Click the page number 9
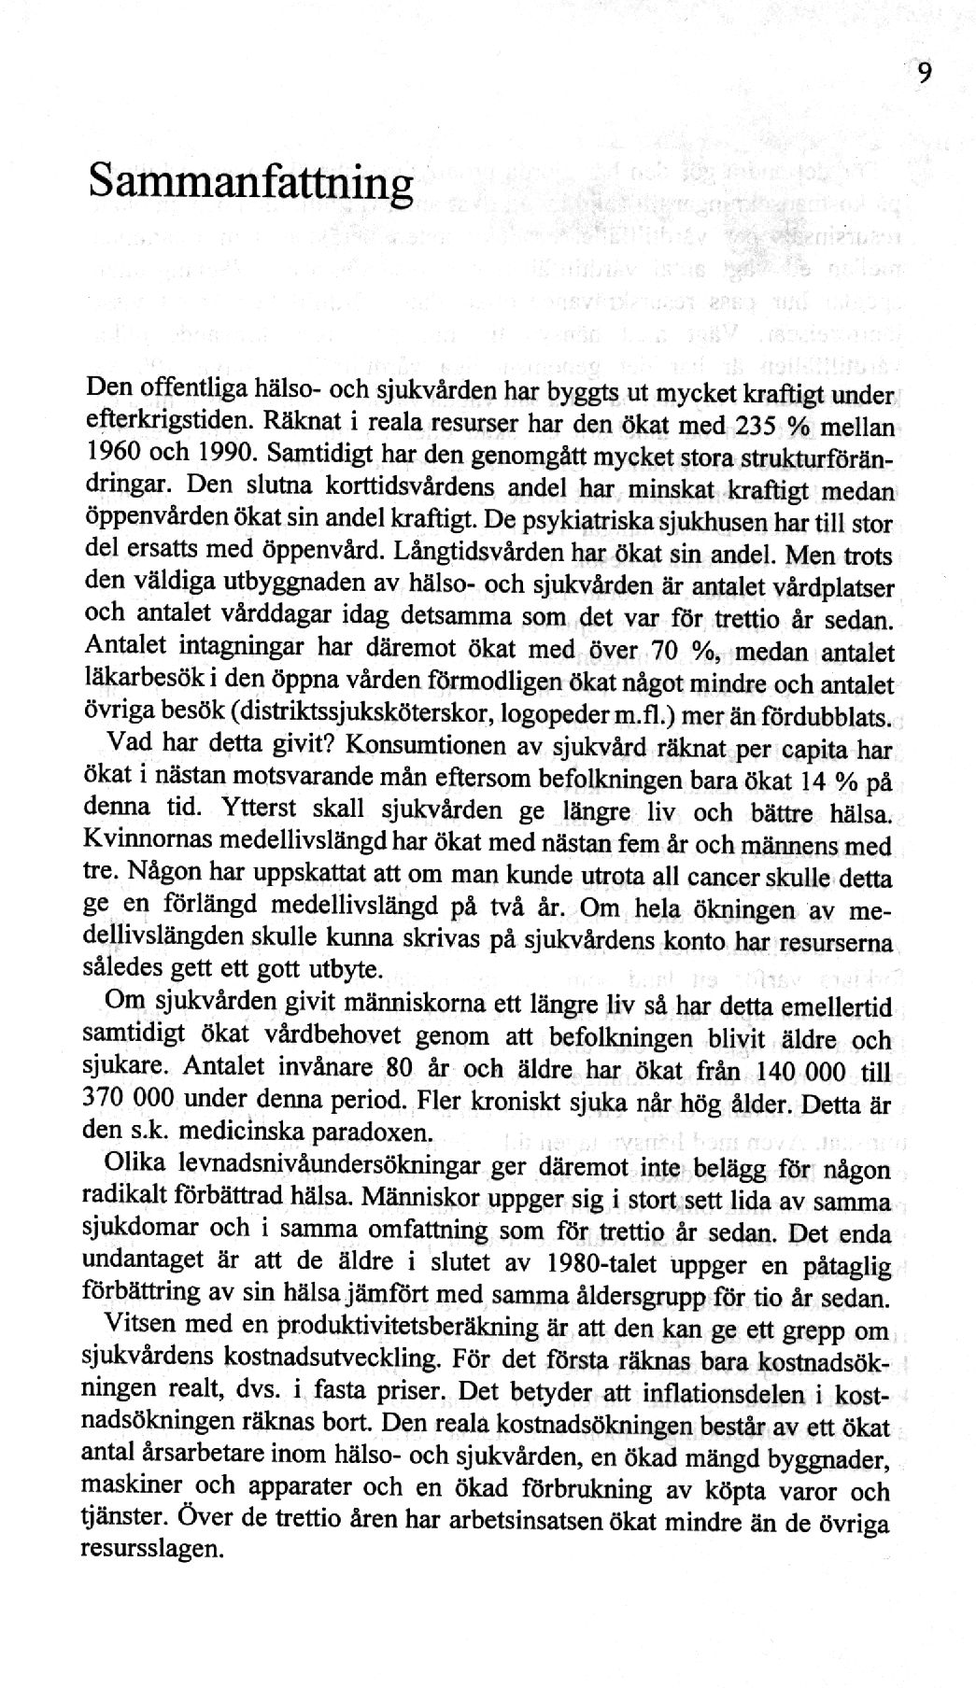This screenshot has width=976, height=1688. (924, 73)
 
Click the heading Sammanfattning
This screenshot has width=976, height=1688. (250, 181)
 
